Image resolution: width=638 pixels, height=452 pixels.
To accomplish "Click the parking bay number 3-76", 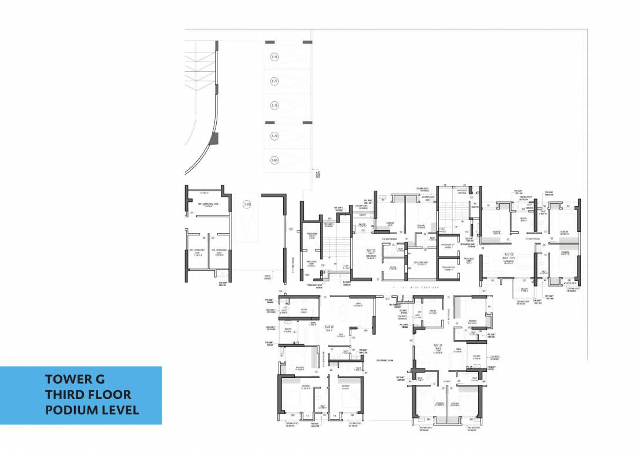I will [274, 57].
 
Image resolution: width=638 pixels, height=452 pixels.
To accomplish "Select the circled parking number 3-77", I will [274, 81].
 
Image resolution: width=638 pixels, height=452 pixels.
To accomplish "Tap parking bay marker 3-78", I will [274, 106].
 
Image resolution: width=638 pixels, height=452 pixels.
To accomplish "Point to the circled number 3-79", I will [274, 136].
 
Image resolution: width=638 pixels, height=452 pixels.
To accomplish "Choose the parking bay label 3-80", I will [274, 160].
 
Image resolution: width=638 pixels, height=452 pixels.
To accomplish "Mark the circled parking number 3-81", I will [247, 205].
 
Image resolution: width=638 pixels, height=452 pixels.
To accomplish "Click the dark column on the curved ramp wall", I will [214, 139].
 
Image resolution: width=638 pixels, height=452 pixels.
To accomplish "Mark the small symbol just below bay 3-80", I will [318, 174].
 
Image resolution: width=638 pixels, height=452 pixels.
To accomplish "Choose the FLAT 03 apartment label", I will [328, 327].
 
